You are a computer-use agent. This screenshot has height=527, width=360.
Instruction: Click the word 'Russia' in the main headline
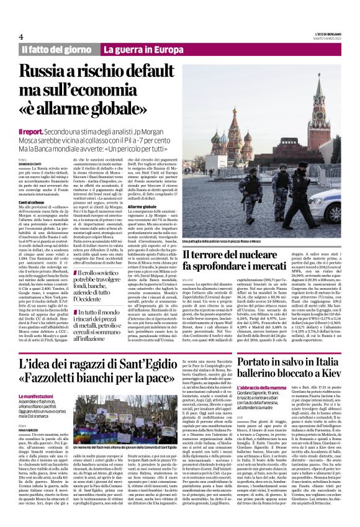coord(50,72)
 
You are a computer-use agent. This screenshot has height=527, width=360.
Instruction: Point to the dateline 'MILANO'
coord(188,280)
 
